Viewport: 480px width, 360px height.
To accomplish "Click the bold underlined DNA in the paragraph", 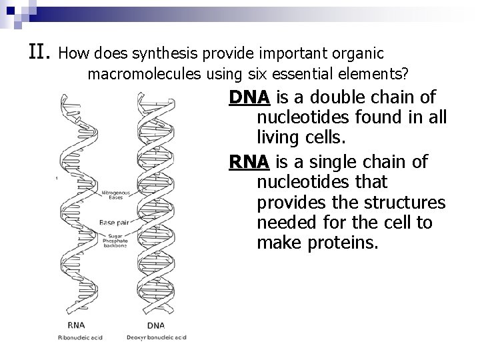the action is coord(249,98).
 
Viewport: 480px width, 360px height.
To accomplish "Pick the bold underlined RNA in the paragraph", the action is coord(249,162).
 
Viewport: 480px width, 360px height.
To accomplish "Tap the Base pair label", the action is coord(113,222).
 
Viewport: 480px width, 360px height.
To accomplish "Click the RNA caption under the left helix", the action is coord(75,326).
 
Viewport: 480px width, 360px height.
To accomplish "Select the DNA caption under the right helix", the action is coord(156,326).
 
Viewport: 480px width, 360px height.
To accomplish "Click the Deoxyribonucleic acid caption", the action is coord(157,338).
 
